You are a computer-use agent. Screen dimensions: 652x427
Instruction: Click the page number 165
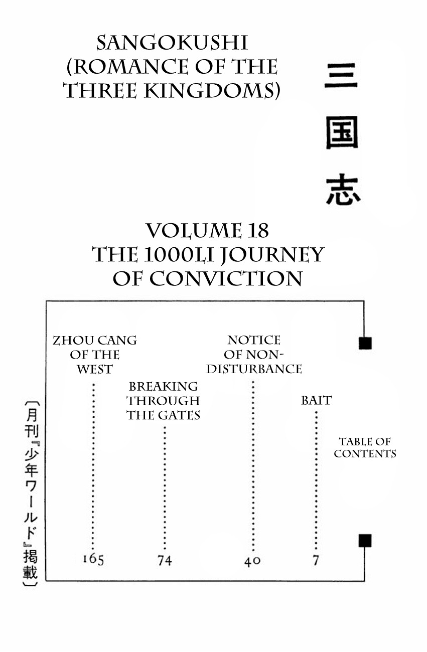tap(93, 560)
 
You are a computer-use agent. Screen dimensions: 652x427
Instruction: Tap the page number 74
tap(164, 560)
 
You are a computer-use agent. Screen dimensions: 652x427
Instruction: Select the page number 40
tap(252, 561)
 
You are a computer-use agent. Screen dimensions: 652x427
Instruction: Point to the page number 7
tap(316, 560)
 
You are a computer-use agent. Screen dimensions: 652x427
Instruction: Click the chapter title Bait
tap(316, 400)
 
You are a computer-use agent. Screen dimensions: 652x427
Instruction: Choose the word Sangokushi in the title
tap(172, 44)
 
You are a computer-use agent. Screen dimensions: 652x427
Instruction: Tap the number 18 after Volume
tap(256, 231)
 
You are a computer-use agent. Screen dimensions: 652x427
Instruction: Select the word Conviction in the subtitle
tap(225, 279)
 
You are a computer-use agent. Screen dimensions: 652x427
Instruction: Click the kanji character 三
tap(341, 76)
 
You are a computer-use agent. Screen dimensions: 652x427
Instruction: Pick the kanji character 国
tap(342, 133)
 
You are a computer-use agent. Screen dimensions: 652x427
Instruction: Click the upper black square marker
tap(365, 343)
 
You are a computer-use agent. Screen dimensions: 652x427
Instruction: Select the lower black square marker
tap(365, 541)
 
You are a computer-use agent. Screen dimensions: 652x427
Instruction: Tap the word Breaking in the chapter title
tap(163, 387)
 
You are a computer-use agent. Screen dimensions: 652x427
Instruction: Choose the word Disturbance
tap(254, 369)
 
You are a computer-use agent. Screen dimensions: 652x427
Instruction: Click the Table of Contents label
tap(365, 447)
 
